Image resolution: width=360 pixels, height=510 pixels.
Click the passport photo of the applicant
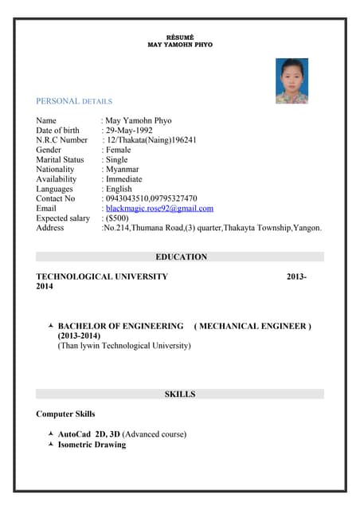click(292, 80)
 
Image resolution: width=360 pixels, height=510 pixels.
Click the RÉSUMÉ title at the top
click(180, 38)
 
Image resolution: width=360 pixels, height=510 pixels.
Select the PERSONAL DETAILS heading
click(74, 101)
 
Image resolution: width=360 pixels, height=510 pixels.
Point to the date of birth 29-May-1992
click(129, 131)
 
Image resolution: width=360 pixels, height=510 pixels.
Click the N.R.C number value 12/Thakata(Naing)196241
click(151, 140)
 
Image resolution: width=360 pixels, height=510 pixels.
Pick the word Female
click(119, 150)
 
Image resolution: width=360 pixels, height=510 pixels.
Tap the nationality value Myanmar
click(122, 170)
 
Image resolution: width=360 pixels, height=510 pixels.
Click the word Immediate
click(124, 179)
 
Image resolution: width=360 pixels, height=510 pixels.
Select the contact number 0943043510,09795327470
click(151, 198)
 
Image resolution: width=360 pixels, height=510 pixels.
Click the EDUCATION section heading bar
click(180, 257)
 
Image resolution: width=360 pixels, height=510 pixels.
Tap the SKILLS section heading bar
click(180, 394)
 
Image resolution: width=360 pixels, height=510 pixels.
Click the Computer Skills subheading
click(65, 414)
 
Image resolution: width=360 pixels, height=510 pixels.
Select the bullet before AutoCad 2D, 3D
click(52, 434)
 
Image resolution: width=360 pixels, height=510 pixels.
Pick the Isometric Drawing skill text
click(92, 445)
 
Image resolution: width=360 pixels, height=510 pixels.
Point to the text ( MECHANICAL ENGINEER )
click(252, 327)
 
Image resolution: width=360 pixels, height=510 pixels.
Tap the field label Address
click(50, 228)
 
